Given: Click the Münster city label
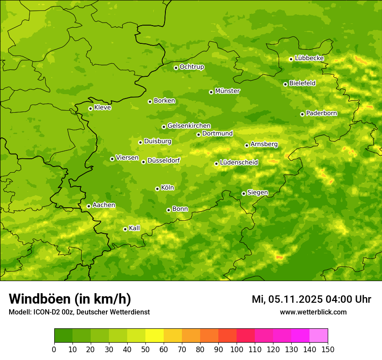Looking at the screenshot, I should pyautogui.click(x=227, y=91).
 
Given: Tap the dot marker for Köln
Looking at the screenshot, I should pyautogui.click(x=157, y=189).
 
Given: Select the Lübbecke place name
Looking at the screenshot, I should pyautogui.click(x=309, y=58).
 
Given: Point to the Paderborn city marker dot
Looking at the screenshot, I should pyautogui.click(x=302, y=114).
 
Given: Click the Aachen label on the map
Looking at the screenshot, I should pyautogui.click(x=104, y=205).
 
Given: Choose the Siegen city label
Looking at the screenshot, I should pyautogui.click(x=257, y=193).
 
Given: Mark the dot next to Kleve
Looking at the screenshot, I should pyautogui.click(x=90, y=108).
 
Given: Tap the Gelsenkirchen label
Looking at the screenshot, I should pyautogui.click(x=189, y=126).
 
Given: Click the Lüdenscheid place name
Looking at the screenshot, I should pyautogui.click(x=239, y=163).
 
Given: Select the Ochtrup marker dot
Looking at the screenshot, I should pyautogui.click(x=176, y=68).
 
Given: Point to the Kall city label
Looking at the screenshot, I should pyautogui.click(x=134, y=228).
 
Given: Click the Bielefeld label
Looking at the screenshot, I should pyautogui.click(x=302, y=83).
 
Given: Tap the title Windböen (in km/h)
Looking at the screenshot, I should pyautogui.click(x=70, y=299).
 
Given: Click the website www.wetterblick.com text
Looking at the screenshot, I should pyautogui.click(x=313, y=312).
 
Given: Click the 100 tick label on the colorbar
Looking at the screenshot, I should pyautogui.click(x=236, y=349).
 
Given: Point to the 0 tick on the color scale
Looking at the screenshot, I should pyautogui.click(x=54, y=349).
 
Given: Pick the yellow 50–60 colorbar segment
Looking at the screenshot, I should pyautogui.click(x=155, y=336).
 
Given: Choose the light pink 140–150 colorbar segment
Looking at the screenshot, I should pyautogui.click(x=319, y=336).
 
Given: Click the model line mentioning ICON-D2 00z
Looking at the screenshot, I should pyautogui.click(x=79, y=312).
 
